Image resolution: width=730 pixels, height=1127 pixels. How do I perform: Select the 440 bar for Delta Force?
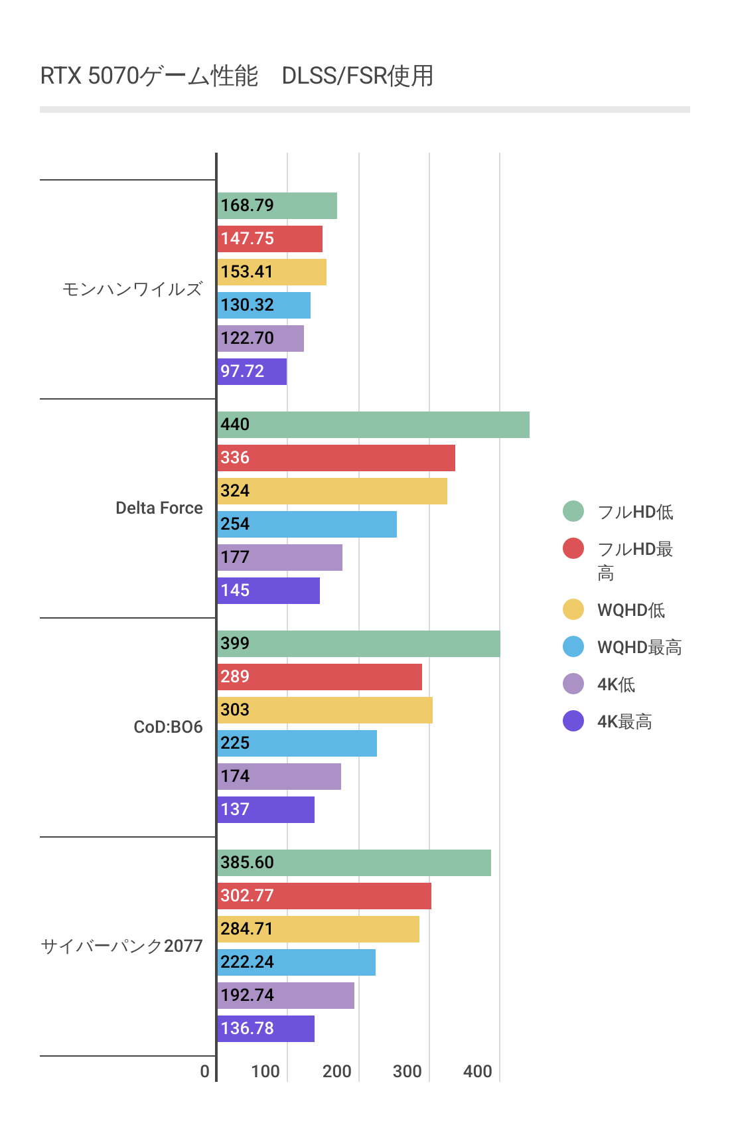(x=373, y=425)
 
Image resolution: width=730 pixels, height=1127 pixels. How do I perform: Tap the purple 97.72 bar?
(x=252, y=372)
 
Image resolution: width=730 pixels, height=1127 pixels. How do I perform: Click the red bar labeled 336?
(x=336, y=458)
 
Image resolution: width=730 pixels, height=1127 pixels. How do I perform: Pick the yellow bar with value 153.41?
(x=272, y=272)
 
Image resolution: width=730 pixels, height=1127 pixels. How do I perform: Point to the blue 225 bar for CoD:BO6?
(x=297, y=743)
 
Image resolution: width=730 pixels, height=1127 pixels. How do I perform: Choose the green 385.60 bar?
(x=354, y=863)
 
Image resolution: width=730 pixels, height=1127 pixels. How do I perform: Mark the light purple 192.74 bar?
(x=286, y=996)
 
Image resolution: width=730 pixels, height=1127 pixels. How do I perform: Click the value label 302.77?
(x=247, y=896)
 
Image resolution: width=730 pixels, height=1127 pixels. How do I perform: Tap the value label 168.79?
(x=247, y=206)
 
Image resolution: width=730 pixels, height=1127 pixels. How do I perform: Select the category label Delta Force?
(x=159, y=508)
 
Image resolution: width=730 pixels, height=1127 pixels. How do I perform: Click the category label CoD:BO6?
(x=168, y=727)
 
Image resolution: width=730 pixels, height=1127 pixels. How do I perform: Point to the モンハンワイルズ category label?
(x=132, y=289)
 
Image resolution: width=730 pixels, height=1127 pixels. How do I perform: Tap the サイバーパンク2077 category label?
(x=122, y=946)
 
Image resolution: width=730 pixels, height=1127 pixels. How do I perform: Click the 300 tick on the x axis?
(x=407, y=1071)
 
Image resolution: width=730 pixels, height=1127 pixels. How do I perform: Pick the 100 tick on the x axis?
(x=265, y=1071)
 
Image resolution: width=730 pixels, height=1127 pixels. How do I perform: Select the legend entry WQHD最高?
(x=639, y=647)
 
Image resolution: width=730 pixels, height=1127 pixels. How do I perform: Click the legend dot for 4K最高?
(x=573, y=721)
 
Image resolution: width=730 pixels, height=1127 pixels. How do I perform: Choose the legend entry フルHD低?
(x=635, y=512)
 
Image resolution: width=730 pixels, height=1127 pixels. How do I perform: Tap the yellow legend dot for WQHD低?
(x=573, y=609)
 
